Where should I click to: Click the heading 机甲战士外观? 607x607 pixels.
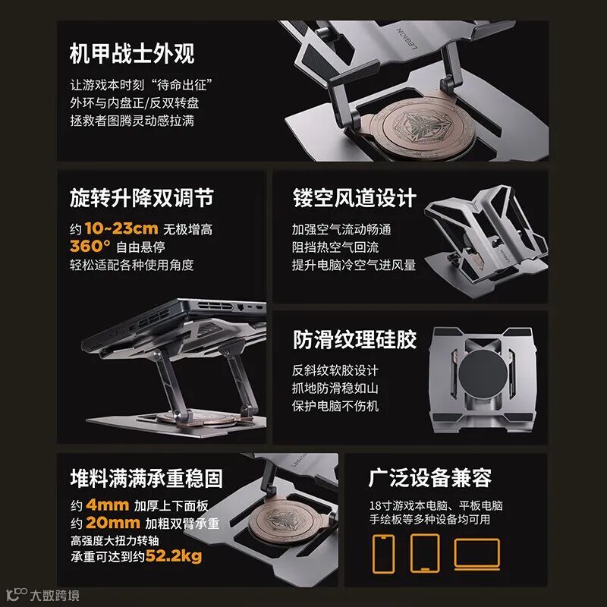tap(132, 53)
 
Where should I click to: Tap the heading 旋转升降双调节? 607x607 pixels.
tap(142, 198)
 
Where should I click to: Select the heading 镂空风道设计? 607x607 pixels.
tap(354, 198)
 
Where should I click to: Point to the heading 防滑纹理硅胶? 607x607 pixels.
tap(354, 339)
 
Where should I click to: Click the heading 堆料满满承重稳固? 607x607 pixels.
tap(146, 478)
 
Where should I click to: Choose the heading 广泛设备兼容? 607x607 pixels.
tap(430, 478)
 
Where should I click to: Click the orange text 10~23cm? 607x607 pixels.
tap(121, 228)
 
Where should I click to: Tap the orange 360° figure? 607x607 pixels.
tap(90, 246)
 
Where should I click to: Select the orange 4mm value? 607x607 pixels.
tap(107, 505)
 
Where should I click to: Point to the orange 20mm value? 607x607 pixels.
tap(112, 523)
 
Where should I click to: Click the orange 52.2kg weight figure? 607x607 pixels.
tap(174, 556)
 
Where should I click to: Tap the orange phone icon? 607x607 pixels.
tap(384, 554)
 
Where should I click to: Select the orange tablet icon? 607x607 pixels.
tap(425, 553)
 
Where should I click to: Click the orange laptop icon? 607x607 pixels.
tap(477, 554)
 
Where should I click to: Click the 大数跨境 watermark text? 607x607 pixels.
tap(55, 596)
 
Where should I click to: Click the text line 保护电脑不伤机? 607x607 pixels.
tap(335, 406)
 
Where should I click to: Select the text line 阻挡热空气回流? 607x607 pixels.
tap(335, 247)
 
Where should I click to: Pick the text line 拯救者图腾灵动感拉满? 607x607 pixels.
tap(132, 121)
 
